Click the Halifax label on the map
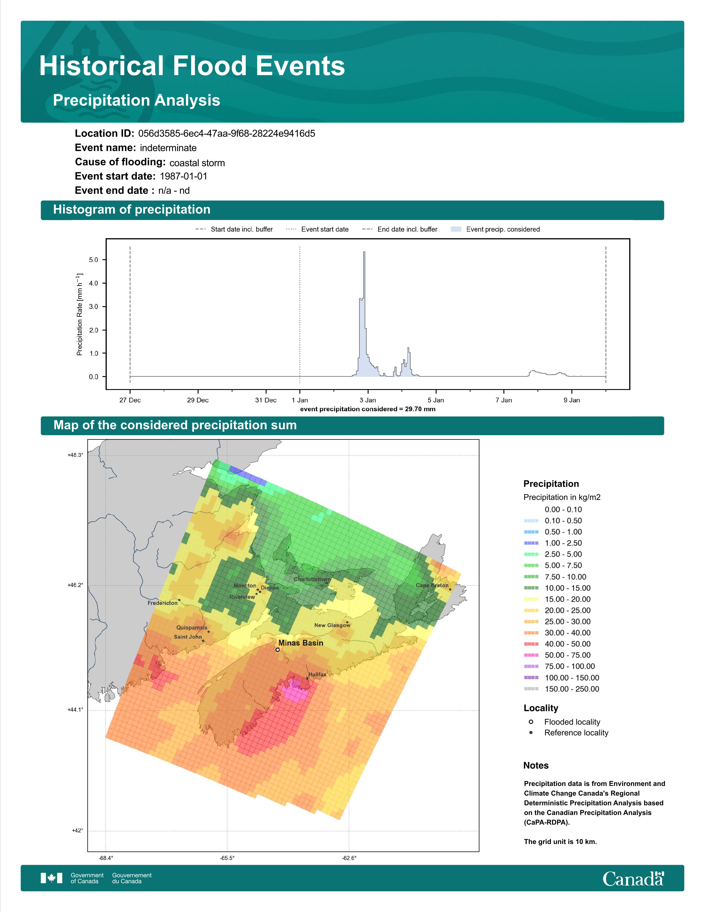coord(317,674)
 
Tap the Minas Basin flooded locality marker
coord(277,650)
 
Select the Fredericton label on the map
coord(163,603)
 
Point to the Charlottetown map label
coord(312,579)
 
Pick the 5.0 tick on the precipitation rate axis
coord(93,260)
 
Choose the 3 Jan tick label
coord(367,400)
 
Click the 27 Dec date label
coord(130,400)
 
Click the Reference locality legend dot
coord(531,732)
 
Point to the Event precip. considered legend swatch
coord(456,229)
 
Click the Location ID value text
coord(227,134)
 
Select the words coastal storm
coord(197,163)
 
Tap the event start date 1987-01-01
coord(183,176)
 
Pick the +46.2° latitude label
coord(75,585)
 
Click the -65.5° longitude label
coord(227,858)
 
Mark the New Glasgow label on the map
coord(332,625)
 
